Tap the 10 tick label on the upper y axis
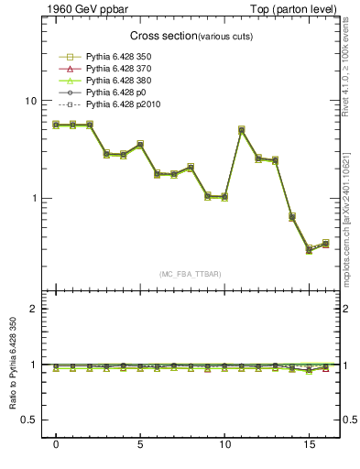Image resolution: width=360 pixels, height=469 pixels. click(31, 101)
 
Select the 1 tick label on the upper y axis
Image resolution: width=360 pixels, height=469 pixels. click(34, 198)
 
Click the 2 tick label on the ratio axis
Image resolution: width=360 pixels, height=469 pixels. click(34, 309)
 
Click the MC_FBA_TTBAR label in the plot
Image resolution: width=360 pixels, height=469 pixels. click(191, 274)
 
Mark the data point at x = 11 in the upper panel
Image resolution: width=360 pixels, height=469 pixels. click(242, 130)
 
